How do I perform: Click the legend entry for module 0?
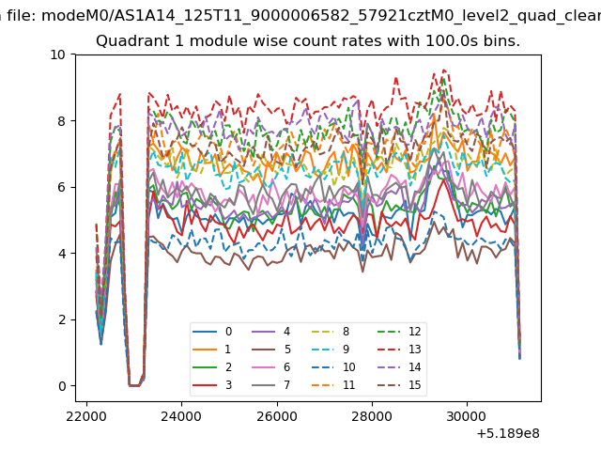coord(212,332)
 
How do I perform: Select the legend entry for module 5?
coord(270,350)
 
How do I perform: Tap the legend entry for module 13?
coord(399,350)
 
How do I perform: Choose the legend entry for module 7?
coord(270,385)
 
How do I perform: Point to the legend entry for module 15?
coord(399,385)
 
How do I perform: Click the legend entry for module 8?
coord(331,332)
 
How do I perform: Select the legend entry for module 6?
coord(270,367)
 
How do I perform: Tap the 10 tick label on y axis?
coord(58,54)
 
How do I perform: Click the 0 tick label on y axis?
coord(62,386)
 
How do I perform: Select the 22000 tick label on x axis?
coord(86,417)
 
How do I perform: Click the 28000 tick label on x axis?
coord(372,417)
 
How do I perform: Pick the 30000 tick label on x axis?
coord(467,417)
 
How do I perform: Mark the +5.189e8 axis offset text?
coord(508,434)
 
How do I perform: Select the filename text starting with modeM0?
coord(321,16)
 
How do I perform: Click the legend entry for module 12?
coord(399,332)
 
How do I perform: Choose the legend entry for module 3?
coord(212,385)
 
